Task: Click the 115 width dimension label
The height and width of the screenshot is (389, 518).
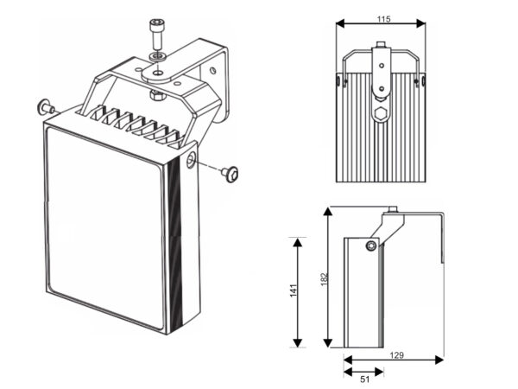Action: [x=382, y=18]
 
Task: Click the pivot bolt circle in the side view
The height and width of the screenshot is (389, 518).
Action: [x=370, y=246]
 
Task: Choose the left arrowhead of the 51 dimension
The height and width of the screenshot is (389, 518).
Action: [x=346, y=373]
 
